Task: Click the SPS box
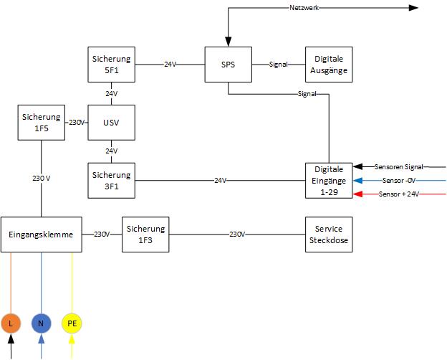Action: [x=229, y=65]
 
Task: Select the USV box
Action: [x=112, y=122]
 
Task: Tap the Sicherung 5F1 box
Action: [x=112, y=65]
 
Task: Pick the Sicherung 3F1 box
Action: [x=112, y=180]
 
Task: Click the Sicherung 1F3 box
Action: [x=146, y=234]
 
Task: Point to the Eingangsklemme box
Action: [x=42, y=234]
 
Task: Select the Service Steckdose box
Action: [x=329, y=234]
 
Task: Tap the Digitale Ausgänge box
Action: [x=329, y=65]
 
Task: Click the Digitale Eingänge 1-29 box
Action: [x=329, y=180]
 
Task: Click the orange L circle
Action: [x=11, y=324]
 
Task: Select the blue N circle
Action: [x=42, y=324]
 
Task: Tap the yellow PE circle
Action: [x=72, y=324]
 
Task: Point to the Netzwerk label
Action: [x=304, y=8]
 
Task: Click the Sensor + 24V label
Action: [x=398, y=194]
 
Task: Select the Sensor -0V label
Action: [x=399, y=181]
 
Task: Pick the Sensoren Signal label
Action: [x=398, y=166]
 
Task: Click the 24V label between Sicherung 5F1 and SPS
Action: [x=170, y=65]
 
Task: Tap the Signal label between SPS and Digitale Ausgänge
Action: [x=278, y=65]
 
